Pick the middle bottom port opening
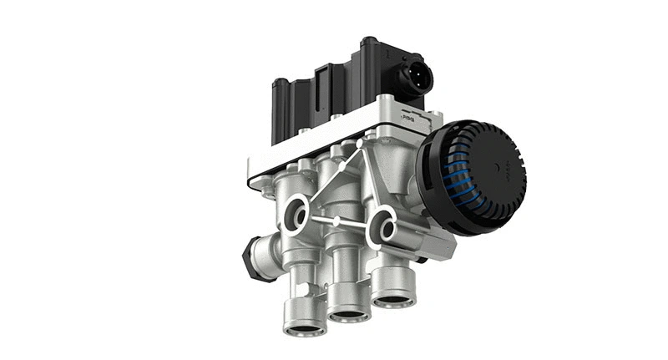click(349, 314)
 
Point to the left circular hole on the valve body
click(294, 214)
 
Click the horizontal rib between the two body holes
click(338, 221)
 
